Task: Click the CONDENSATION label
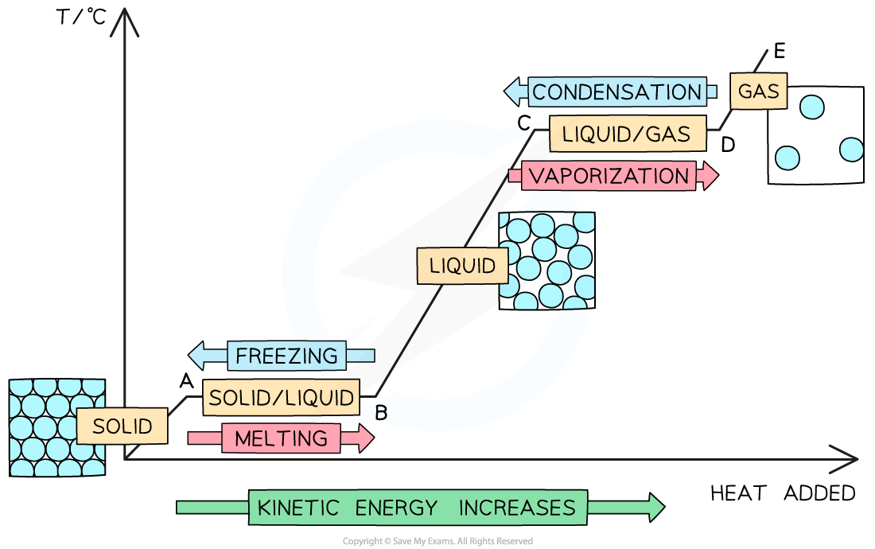click(x=617, y=92)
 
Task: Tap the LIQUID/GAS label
click(x=627, y=134)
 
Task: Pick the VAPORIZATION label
click(x=609, y=176)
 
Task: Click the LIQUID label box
click(x=462, y=266)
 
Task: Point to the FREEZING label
click(x=287, y=355)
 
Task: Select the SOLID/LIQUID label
click(x=281, y=397)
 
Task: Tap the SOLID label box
click(x=122, y=426)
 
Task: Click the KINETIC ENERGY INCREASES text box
click(x=418, y=508)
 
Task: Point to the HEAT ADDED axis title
click(x=783, y=493)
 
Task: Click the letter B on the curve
click(x=381, y=413)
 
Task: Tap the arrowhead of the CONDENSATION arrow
click(x=514, y=92)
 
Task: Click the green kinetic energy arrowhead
click(x=655, y=508)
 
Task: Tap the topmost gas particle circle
click(x=811, y=107)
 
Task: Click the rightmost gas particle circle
click(x=851, y=150)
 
